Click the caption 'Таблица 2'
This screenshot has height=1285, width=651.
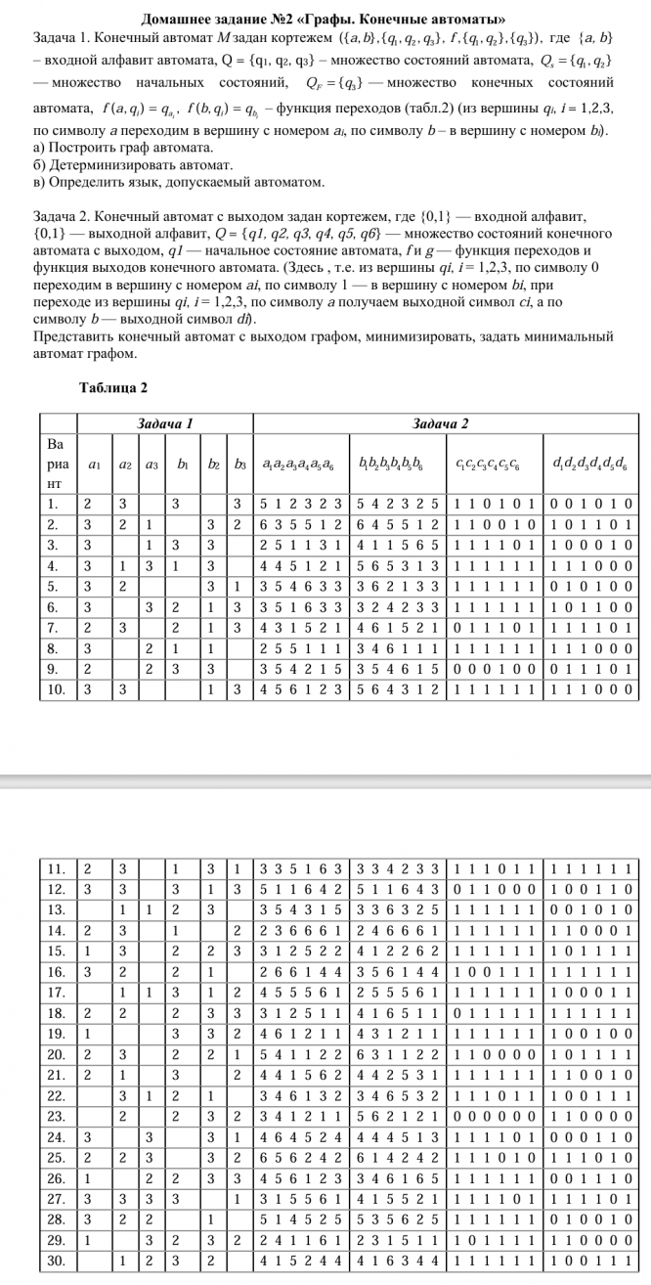pos(112,387)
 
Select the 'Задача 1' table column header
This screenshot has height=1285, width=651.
pos(162,422)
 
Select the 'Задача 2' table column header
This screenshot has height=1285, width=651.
pos(441,422)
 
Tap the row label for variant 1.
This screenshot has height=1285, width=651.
pos(56,504)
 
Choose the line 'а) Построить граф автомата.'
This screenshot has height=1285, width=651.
pos(123,148)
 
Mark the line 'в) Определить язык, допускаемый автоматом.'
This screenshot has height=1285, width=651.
pos(179,183)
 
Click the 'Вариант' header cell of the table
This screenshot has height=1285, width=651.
pos(56,464)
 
